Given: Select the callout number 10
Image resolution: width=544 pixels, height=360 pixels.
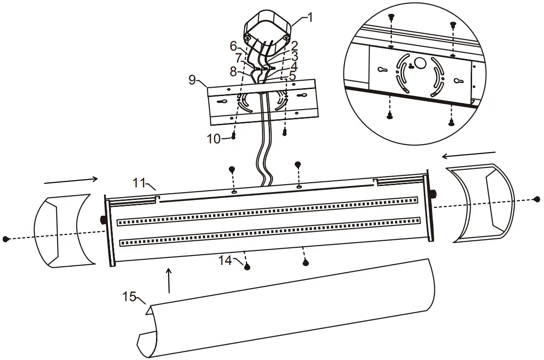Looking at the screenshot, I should [x=214, y=139].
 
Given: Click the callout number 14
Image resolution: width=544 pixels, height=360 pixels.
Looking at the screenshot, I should [x=226, y=260].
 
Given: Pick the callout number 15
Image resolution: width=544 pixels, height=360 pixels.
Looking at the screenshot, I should [x=129, y=296].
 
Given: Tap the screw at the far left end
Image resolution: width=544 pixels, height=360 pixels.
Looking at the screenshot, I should [x=6, y=239].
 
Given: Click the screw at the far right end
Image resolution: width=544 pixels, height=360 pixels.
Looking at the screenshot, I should [x=537, y=199].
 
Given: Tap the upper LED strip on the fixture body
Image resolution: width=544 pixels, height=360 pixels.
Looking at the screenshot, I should [x=267, y=210].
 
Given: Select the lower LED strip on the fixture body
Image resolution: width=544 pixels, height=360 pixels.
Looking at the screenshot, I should [x=269, y=231].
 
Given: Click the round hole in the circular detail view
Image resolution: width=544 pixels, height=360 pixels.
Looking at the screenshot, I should [x=421, y=63].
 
